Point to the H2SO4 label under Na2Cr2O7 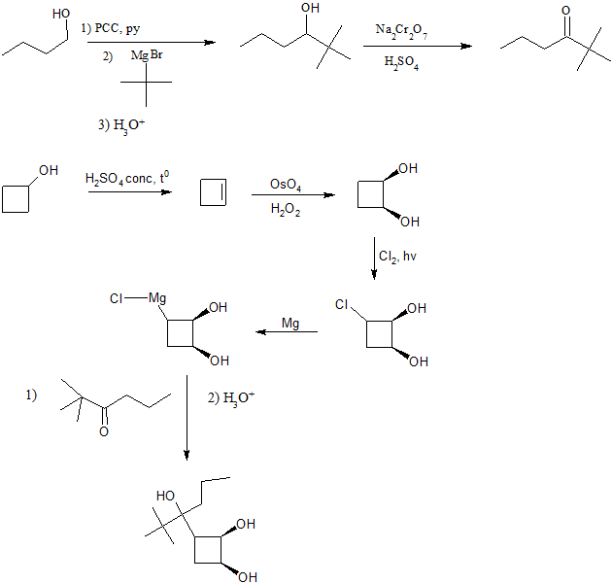(x=401, y=63)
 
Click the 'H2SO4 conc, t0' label (x=127, y=179)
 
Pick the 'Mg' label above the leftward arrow (x=289, y=322)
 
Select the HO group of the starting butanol (x=60, y=14)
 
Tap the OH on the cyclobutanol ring (x=49, y=170)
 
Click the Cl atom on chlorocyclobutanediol (x=341, y=304)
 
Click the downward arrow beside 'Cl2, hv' (x=374, y=259)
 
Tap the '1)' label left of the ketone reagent (x=31, y=395)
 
